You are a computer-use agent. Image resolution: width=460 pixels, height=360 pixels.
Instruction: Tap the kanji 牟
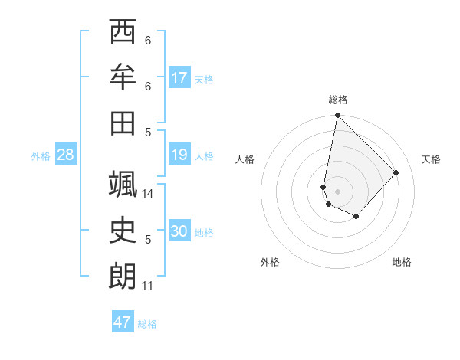click(123, 77)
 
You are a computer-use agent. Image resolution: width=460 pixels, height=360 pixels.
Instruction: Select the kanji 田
click(123, 122)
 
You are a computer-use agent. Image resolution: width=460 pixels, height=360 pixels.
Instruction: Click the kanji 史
click(123, 231)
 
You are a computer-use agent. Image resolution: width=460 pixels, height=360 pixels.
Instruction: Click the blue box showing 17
click(179, 78)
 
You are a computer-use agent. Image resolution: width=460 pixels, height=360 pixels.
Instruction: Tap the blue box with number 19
click(179, 155)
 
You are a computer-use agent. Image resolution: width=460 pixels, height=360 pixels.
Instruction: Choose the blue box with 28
click(66, 155)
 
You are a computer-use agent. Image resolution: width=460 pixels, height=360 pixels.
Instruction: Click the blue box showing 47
click(123, 322)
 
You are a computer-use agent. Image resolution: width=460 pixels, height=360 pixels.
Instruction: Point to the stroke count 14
click(148, 195)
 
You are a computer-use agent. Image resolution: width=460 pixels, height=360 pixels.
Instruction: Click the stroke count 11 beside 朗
click(147, 286)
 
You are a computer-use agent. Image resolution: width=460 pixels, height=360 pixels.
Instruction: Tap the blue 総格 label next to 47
click(147, 323)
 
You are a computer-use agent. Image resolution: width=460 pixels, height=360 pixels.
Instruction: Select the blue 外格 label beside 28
click(41, 156)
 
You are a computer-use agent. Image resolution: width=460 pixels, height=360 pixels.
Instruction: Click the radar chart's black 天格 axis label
click(431, 159)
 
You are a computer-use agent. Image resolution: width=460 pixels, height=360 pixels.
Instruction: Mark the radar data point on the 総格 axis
click(337, 116)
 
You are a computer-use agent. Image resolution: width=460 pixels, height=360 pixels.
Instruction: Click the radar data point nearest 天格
click(396, 172)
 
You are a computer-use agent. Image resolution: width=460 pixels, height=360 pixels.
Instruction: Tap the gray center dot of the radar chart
click(337, 191)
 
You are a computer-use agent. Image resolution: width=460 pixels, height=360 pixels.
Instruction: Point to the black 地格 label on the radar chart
click(402, 262)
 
